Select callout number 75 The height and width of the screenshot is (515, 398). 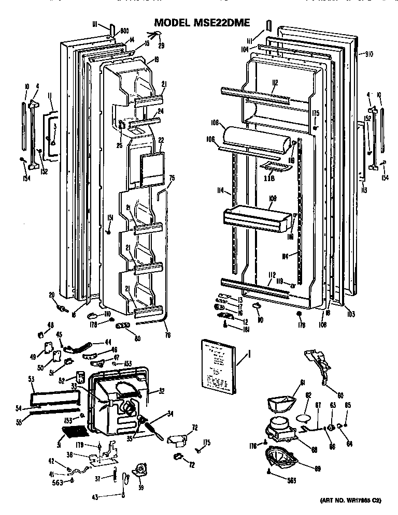[172, 178]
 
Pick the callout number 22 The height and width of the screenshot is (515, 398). [161, 140]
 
